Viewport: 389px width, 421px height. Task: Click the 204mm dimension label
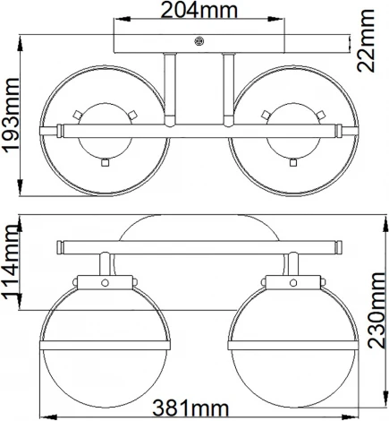pos(199,12)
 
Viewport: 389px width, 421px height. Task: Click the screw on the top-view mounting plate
pos(199,40)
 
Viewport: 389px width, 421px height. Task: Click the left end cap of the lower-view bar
pos(59,246)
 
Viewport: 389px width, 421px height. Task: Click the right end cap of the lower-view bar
pos(337,246)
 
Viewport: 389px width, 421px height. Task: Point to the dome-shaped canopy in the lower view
pos(199,228)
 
